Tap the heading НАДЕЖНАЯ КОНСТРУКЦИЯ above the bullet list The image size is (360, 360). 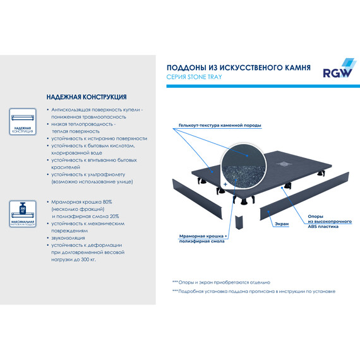(86, 97)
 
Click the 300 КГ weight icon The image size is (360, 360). (23, 209)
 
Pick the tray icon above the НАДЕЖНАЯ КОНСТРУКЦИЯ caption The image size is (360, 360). (23, 117)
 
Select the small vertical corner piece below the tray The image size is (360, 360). (239, 222)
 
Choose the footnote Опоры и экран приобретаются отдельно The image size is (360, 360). (221, 282)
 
